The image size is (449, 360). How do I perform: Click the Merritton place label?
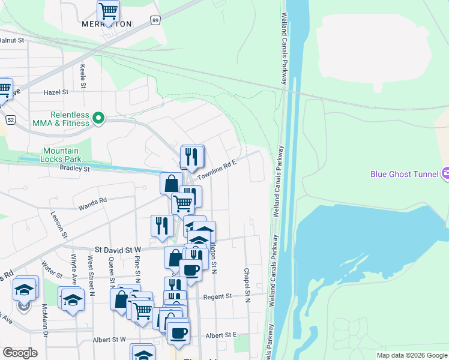pyautogui.click(x=106, y=25)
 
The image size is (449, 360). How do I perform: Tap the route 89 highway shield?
pyautogui.click(x=155, y=20)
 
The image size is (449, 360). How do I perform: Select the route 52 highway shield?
pyautogui.click(x=11, y=119)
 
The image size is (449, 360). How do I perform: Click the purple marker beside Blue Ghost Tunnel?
pyautogui.click(x=445, y=174)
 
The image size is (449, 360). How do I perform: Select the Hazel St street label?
pyautogui.click(x=56, y=92)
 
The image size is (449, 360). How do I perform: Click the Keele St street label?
pyautogui.click(x=83, y=74)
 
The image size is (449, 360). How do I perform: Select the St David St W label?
pyautogui.click(x=118, y=248)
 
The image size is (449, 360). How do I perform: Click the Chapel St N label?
pyautogui.click(x=246, y=282)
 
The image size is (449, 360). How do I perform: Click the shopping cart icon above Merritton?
pyautogui.click(x=108, y=10)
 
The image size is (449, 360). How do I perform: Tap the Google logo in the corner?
pyautogui.click(x=20, y=353)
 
